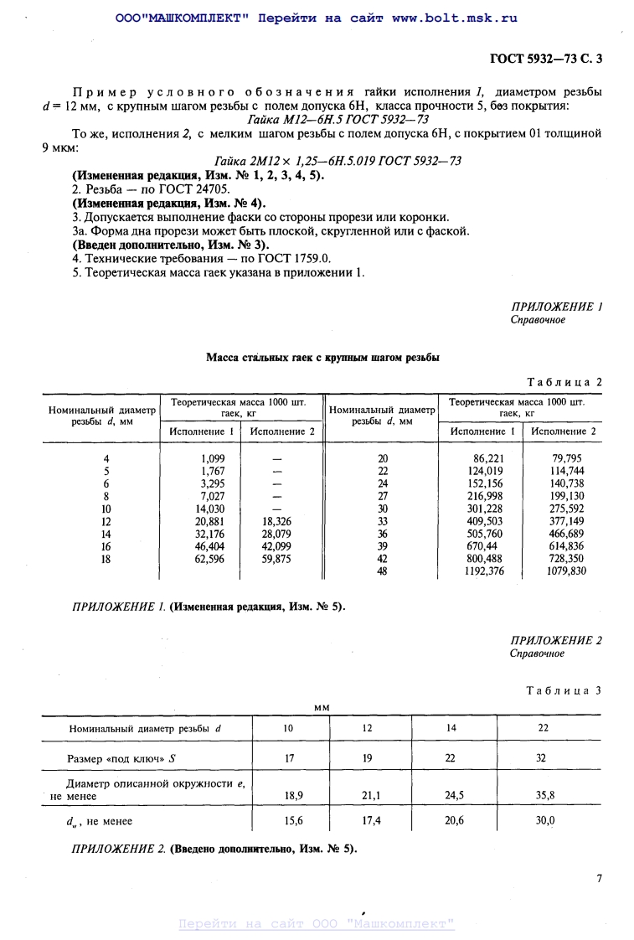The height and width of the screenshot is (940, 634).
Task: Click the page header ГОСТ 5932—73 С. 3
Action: click(545, 59)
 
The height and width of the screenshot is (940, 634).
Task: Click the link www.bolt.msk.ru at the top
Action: click(454, 18)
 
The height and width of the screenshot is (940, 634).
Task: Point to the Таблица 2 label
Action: click(564, 382)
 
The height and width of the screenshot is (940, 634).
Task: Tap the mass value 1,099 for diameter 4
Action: click(214, 458)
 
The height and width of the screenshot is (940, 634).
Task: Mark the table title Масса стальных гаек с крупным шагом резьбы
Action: click(322, 358)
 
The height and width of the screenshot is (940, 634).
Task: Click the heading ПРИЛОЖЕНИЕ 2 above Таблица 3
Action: click(556, 641)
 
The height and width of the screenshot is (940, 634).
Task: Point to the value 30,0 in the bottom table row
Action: click(544, 821)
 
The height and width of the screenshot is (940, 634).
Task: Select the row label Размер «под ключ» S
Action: click(121, 759)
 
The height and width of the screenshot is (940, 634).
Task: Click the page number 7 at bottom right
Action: click(599, 879)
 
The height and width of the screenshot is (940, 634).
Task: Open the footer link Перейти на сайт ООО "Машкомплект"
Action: click(317, 924)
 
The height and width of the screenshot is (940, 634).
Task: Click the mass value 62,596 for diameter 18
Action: click(209, 559)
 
